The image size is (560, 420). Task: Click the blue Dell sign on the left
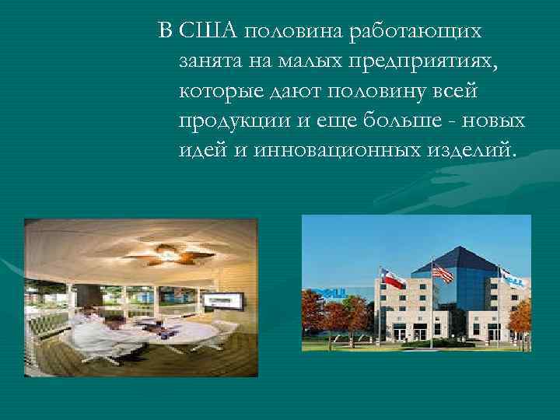click(x=326, y=294)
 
